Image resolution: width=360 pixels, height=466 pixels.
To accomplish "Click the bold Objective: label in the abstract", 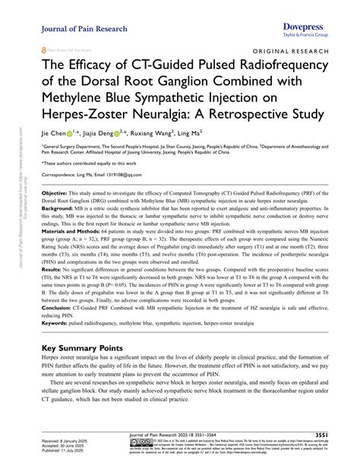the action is (56, 194).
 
